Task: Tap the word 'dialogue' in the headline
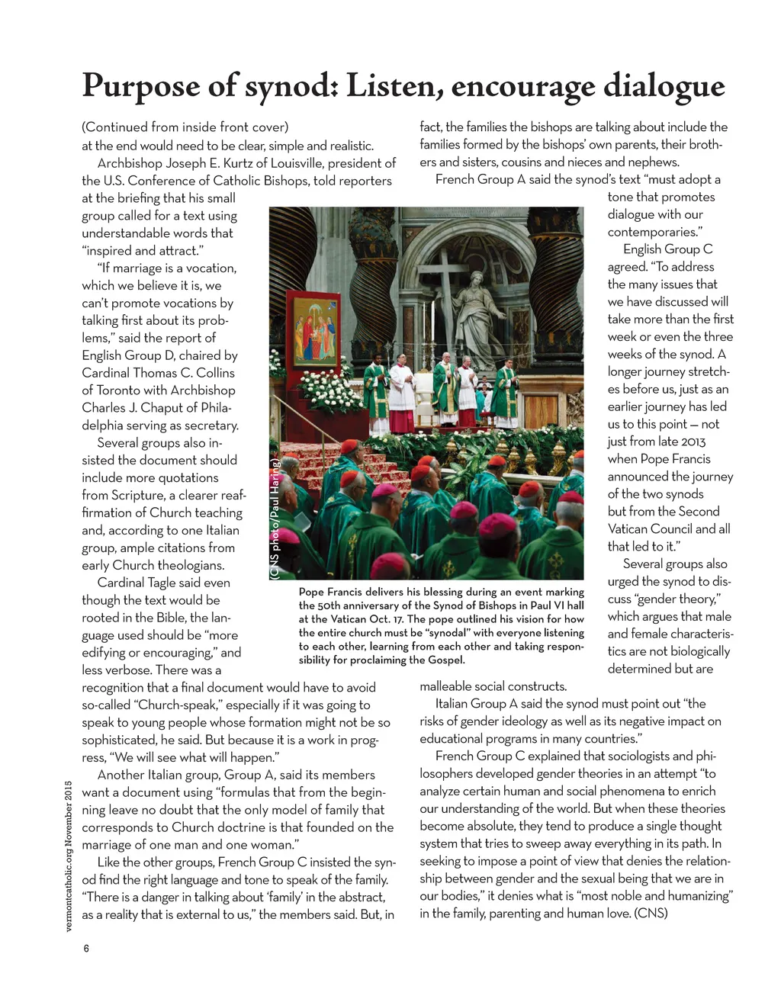click(664, 86)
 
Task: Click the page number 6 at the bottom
click(86, 948)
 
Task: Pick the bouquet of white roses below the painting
click(328, 390)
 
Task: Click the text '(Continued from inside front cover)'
click(185, 127)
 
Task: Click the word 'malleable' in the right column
click(448, 686)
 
